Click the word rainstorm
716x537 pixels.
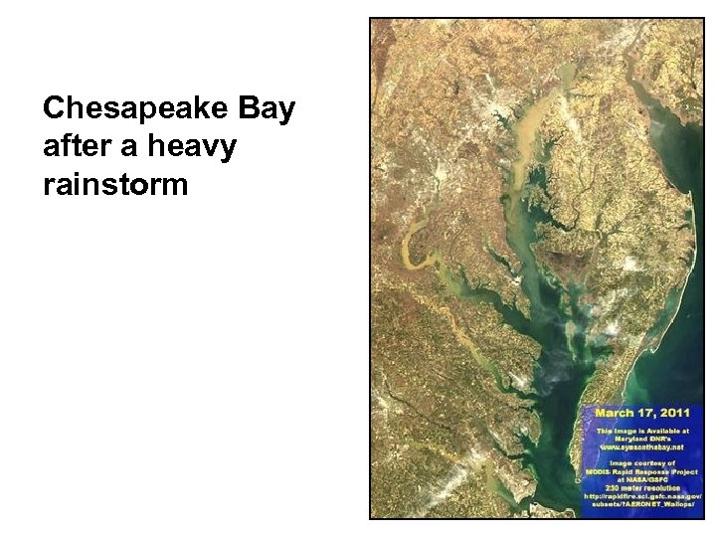pos(115,183)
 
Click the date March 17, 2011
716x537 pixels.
pos(642,413)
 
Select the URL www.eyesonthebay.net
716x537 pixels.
pos(642,447)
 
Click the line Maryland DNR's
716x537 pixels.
pos(642,438)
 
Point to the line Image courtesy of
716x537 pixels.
pos(642,463)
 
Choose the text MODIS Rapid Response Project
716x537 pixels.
pos(642,471)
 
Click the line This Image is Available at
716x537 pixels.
pos(642,429)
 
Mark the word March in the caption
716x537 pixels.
pos(615,413)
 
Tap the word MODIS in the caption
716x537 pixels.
pos(599,471)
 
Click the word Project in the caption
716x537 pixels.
pos(681,471)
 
